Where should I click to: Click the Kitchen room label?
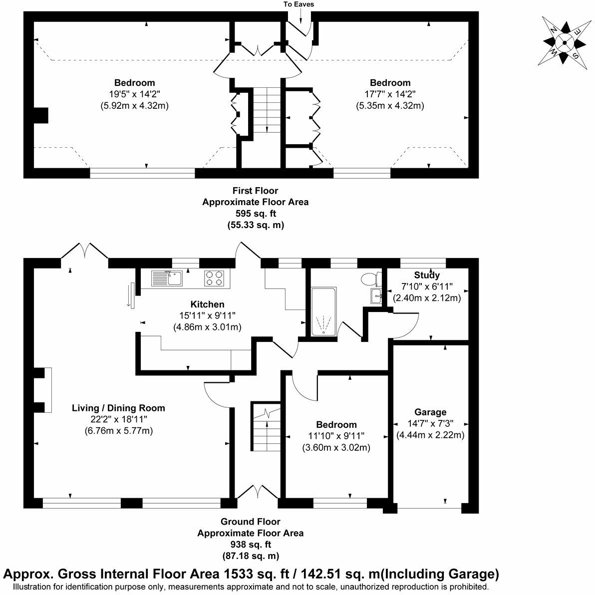pyautogui.click(x=207, y=304)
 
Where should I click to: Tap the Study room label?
pyautogui.click(x=427, y=275)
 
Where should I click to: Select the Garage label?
pyautogui.click(x=430, y=412)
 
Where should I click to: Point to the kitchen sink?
pyautogui.click(x=168, y=278)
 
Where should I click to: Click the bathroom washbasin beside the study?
pyautogui.click(x=376, y=296)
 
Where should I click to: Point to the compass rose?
pyautogui.click(x=564, y=42)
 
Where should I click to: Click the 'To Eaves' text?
pyautogui.click(x=299, y=4)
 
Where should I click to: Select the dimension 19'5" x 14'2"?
pyautogui.click(x=135, y=94)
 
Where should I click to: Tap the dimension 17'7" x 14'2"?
pyautogui.click(x=390, y=94)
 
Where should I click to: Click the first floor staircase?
pyautogui.click(x=267, y=111)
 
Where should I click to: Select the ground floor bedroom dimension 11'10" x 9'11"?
pyautogui.click(x=336, y=436)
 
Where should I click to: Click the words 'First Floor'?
pyautogui.click(x=255, y=191)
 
